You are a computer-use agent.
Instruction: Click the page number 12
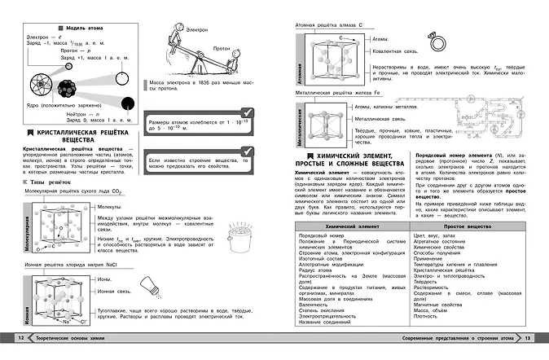pos(10,338)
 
